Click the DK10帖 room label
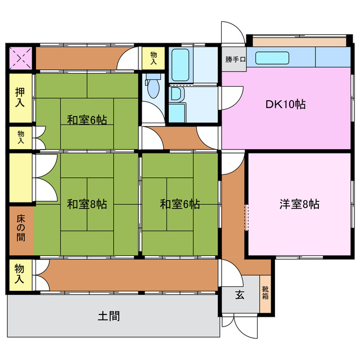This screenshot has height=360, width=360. click(285, 105)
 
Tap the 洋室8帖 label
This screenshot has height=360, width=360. click(299, 204)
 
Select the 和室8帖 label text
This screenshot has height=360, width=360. click(87, 204)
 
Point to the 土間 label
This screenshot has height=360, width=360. click(109, 316)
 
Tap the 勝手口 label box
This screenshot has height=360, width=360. click(235, 59)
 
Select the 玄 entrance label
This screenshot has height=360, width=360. click(240, 295)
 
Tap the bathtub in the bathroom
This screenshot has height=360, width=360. click(180, 65)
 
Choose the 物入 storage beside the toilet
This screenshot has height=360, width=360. click(153, 57)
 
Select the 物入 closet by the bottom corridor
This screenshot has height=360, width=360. click(20, 273)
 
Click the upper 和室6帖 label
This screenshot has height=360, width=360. click(87, 119)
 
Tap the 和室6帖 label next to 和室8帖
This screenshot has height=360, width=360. click(180, 204)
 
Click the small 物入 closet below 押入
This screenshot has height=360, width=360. click(21, 137)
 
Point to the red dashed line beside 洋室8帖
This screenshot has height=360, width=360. click(246, 218)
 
